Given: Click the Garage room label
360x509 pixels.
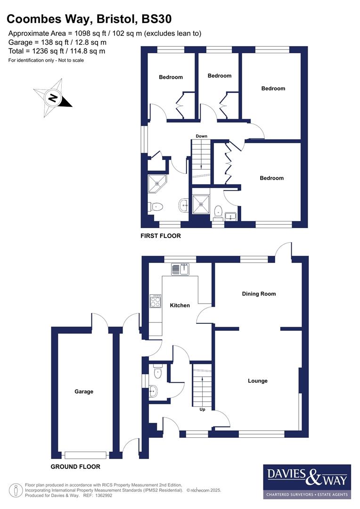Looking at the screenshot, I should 84,391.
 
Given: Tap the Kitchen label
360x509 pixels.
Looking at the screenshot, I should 180,305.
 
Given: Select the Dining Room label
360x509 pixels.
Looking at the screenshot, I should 259,294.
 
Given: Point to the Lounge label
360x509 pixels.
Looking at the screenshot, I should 258,381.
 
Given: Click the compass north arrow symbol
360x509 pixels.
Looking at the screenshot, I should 53,98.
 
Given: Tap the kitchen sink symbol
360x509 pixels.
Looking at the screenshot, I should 180,270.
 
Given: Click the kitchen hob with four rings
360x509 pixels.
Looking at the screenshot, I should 155,301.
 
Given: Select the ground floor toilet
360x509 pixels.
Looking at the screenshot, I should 157,373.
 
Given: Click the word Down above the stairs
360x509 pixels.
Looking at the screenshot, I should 202,136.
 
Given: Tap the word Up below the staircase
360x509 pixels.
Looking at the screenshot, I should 203,410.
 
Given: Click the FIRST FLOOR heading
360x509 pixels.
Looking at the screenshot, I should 160,236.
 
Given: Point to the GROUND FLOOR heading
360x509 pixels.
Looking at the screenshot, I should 75,467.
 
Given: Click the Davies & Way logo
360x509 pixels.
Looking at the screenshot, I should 307,481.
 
